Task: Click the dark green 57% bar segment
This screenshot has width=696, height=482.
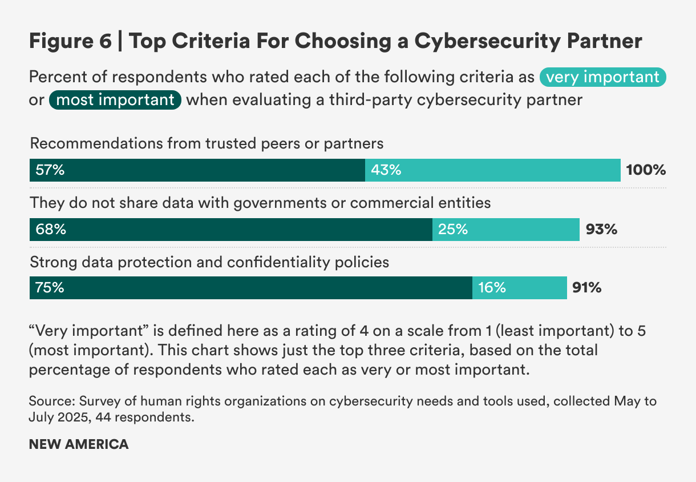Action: [197, 170]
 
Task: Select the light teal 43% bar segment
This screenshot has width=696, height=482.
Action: [492, 170]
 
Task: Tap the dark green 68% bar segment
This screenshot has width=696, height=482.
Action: [230, 230]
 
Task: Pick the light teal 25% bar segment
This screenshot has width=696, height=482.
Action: [505, 230]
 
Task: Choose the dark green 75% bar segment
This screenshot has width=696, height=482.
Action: [250, 288]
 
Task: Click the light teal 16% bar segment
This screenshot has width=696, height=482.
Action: [519, 288]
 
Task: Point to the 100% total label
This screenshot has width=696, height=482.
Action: [646, 170]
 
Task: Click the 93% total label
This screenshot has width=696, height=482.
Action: [601, 230]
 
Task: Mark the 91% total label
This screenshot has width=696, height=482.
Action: [586, 288]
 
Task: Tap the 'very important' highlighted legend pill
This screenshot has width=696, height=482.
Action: [603, 77]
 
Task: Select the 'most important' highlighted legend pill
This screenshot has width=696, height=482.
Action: [116, 100]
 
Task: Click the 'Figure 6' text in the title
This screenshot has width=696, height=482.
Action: [70, 42]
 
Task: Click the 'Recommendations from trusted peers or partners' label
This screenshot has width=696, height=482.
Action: [207, 143]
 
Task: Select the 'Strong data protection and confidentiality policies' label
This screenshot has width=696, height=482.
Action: [209, 262]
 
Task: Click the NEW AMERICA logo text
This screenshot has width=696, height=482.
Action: [79, 444]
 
